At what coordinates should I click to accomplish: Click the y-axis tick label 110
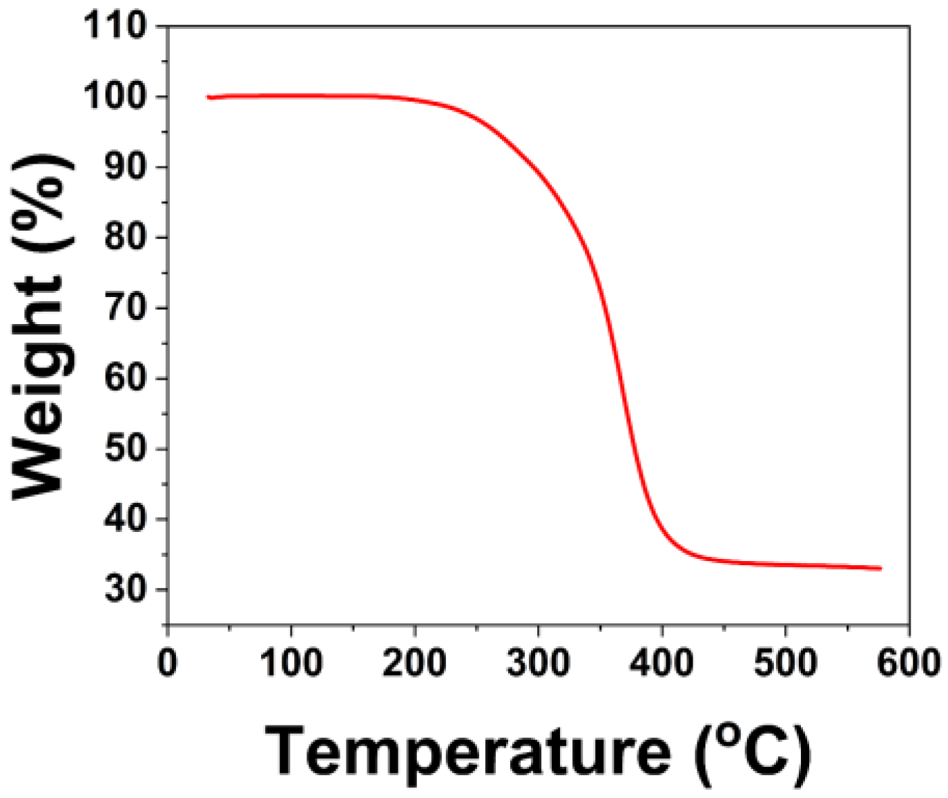click(x=115, y=26)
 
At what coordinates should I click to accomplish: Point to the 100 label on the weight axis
click(x=115, y=97)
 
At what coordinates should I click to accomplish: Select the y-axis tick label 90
click(x=126, y=167)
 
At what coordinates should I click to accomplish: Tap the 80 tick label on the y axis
click(x=126, y=238)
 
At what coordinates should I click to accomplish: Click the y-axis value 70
click(x=126, y=308)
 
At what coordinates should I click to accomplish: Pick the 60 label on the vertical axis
click(x=126, y=379)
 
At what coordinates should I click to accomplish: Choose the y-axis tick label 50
click(x=126, y=449)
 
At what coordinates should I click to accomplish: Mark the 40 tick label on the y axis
click(x=126, y=520)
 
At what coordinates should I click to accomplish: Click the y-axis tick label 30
click(x=126, y=590)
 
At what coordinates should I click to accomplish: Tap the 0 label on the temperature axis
click(x=167, y=663)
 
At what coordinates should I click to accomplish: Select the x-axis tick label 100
click(x=291, y=663)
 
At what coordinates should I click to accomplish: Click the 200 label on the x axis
click(x=414, y=663)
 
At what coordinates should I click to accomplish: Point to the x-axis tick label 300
click(x=538, y=663)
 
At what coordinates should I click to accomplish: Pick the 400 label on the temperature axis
click(x=661, y=663)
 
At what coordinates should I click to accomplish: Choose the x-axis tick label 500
click(x=785, y=663)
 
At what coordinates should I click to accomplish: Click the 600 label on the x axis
click(x=907, y=663)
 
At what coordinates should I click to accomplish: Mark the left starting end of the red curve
click(x=209, y=97)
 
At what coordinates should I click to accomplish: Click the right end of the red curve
click(x=880, y=569)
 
